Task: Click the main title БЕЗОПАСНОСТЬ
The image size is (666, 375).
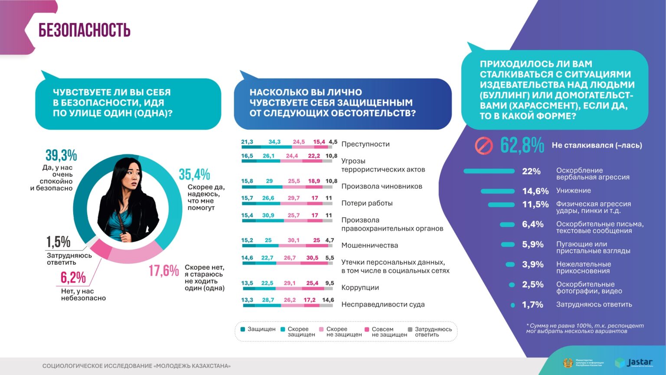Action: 85,30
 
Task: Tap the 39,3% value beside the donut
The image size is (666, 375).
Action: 61,155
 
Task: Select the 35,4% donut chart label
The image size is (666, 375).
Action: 194,174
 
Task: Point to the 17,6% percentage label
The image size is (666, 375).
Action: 163,271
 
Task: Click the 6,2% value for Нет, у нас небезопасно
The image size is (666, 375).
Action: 73,278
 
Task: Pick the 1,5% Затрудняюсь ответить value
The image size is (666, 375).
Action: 58,242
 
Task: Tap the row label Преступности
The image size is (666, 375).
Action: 365,144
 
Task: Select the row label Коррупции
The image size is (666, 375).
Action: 360,287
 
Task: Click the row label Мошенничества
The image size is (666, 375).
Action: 369,245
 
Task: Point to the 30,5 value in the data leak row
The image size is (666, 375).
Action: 312,258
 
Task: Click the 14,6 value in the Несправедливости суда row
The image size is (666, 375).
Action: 328,300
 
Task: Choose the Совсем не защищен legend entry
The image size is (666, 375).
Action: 386,332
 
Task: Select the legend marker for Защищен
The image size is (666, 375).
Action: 243,329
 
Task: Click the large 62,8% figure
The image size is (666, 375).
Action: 522,145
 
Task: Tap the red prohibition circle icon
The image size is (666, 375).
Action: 483,146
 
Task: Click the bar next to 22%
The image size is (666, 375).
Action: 489,171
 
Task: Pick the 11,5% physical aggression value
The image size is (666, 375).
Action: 535,204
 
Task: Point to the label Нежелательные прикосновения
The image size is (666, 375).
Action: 583,267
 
